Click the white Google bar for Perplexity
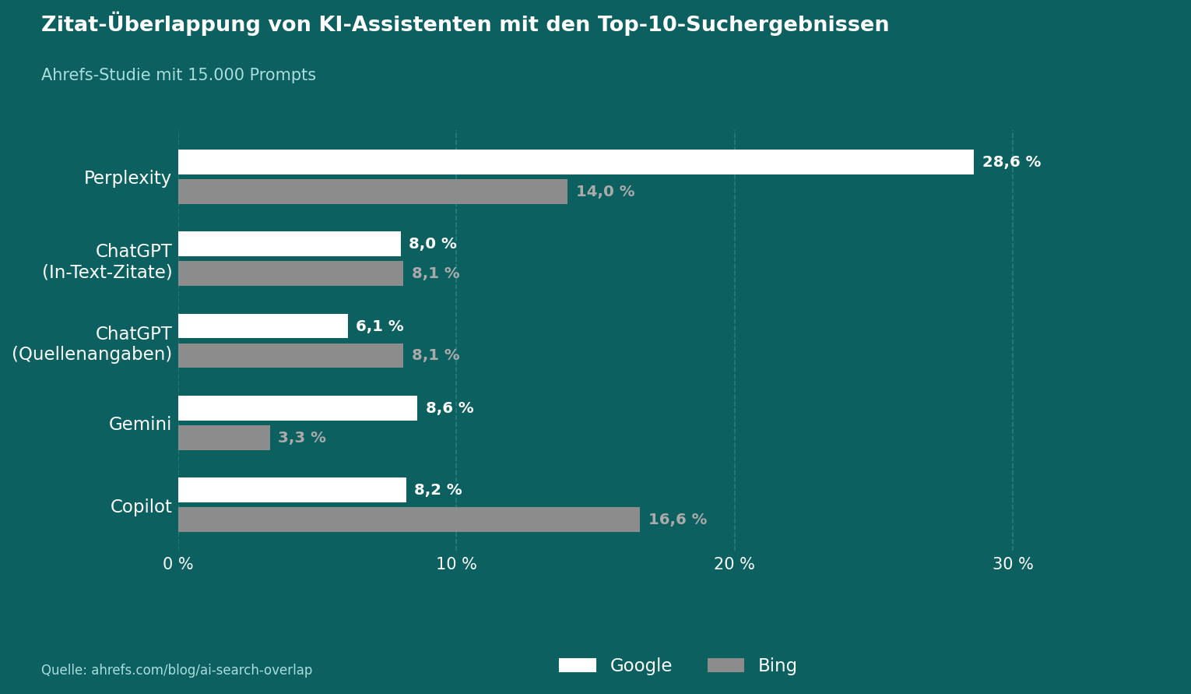576,162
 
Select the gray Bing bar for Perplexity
373,192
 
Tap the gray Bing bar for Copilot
409,520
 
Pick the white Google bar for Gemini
297,408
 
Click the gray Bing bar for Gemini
224,438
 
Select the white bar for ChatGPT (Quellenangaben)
263,326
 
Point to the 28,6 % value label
1011,162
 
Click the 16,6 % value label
677,520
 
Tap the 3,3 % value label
302,438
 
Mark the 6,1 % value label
380,326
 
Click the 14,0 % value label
605,192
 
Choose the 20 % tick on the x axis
734,564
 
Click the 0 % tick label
178,564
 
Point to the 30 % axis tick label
1013,564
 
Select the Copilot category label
141,507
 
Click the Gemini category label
140,425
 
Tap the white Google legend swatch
578,665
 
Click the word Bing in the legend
777,666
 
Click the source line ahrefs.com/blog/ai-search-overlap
177,670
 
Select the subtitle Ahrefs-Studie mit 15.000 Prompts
178,76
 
